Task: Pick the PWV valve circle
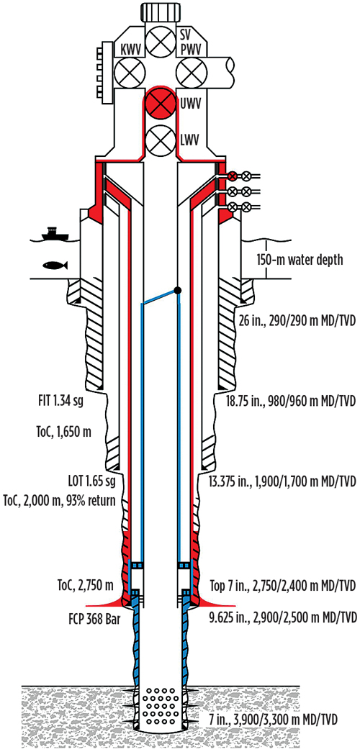point(189,73)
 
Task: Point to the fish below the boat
point(55,265)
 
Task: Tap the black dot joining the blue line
point(178,290)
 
